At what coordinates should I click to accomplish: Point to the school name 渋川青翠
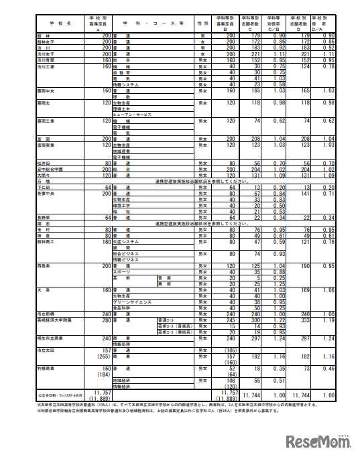click(46, 59)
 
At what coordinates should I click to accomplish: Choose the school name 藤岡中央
click(46, 90)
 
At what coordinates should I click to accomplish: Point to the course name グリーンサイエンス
click(134, 303)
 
